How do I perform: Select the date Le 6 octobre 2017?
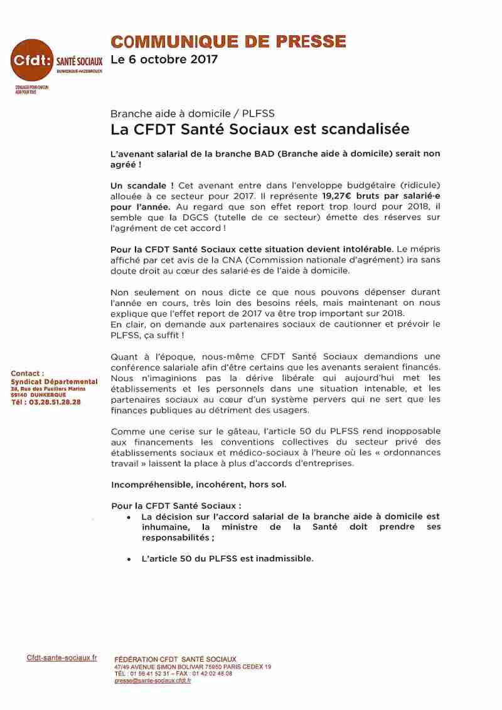click(x=164, y=60)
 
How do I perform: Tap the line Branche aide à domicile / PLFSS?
click(x=192, y=114)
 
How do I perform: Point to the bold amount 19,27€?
click(x=340, y=194)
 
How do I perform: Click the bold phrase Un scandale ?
click(x=142, y=186)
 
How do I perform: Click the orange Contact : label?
click(x=28, y=373)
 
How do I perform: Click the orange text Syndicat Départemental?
click(x=54, y=381)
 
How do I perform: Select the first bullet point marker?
click(x=128, y=517)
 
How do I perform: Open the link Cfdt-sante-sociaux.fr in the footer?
click(x=62, y=657)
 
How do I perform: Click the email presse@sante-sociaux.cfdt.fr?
click(x=152, y=681)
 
